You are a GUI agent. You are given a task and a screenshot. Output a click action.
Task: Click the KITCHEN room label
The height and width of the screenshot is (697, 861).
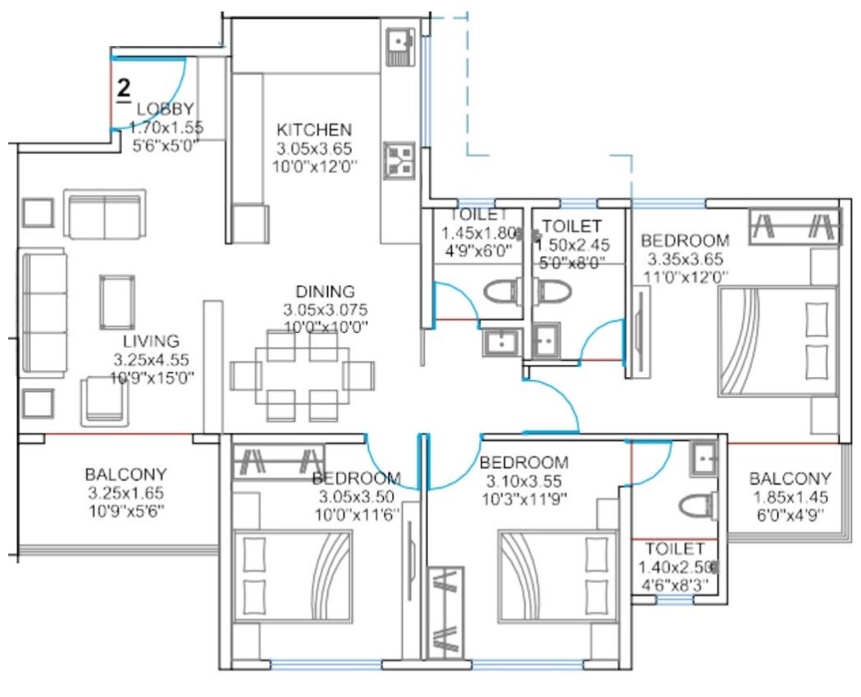[x=313, y=130]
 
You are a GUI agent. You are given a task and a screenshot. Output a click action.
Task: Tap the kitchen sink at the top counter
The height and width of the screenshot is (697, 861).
[x=401, y=48]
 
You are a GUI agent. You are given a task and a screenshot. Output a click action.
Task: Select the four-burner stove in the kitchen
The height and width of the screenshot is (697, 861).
[x=400, y=160]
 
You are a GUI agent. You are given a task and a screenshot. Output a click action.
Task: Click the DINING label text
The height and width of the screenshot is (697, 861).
[x=326, y=292]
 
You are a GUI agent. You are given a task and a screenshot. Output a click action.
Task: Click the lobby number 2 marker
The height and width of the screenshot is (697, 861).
[x=124, y=89]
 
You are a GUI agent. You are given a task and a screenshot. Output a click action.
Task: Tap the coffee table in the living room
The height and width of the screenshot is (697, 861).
[x=117, y=301]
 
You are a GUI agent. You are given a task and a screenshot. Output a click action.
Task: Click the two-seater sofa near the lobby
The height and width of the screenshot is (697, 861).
[x=103, y=215]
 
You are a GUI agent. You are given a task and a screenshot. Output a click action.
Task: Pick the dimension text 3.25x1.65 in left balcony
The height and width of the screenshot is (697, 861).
[x=125, y=492]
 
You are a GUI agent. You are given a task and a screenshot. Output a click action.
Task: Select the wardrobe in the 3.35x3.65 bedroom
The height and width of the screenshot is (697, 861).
[x=795, y=226]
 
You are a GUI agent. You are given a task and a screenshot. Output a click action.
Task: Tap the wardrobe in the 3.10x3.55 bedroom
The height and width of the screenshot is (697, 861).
[x=446, y=611]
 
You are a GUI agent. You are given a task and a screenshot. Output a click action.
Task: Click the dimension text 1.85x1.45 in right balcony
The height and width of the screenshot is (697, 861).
[x=790, y=497]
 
